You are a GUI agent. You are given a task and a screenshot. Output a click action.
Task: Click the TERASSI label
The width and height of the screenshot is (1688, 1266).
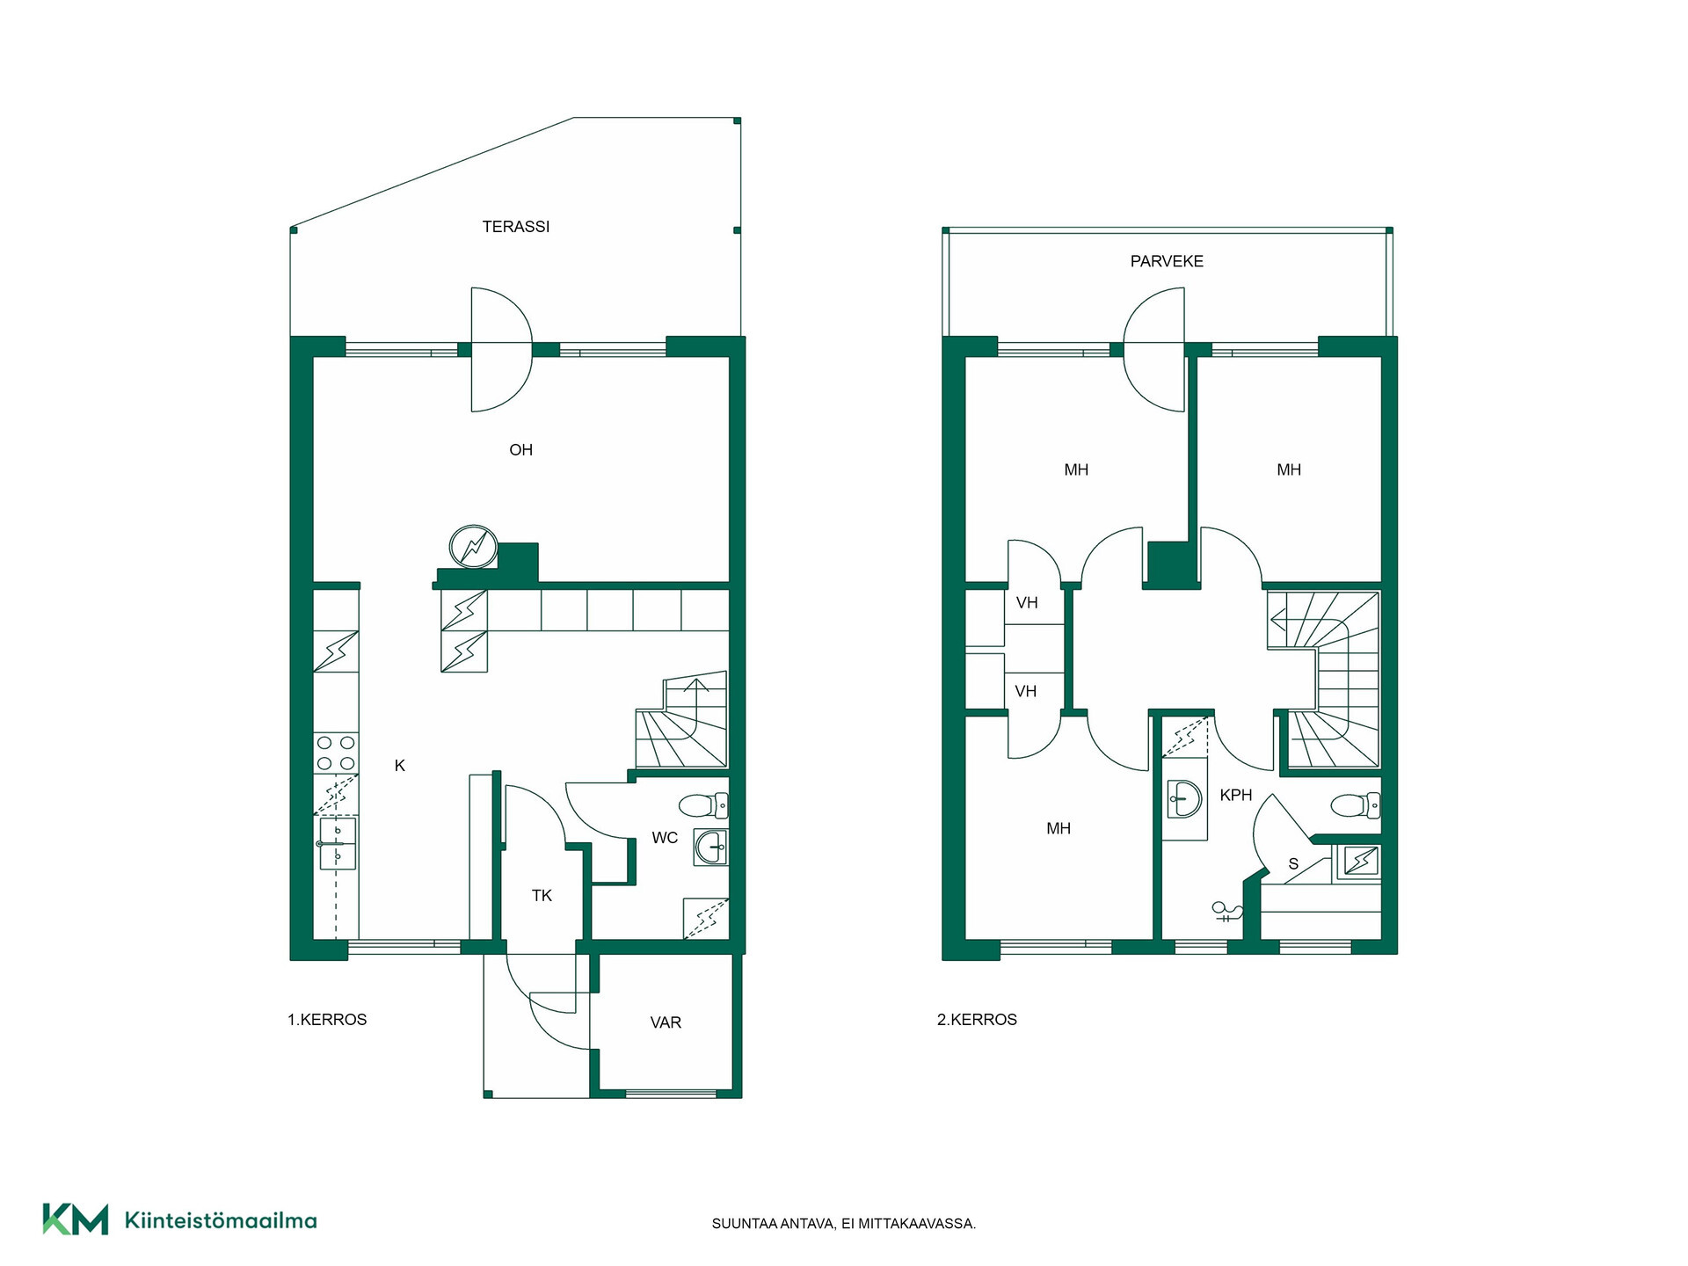pyautogui.click(x=516, y=227)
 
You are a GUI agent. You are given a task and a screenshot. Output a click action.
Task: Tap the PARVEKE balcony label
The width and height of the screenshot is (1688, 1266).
pyautogui.click(x=1167, y=261)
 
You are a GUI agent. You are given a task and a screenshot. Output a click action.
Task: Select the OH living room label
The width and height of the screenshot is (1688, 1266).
pyautogui.click(x=521, y=450)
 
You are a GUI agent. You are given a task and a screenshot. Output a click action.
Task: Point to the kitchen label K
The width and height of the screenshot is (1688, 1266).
pyautogui.click(x=400, y=766)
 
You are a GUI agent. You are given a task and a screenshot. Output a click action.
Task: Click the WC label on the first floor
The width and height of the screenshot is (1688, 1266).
pyautogui.click(x=665, y=838)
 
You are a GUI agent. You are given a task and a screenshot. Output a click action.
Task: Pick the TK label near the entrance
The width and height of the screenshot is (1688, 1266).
pyautogui.click(x=542, y=896)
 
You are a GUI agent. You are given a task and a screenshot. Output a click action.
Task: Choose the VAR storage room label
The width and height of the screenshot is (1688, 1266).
pyautogui.click(x=666, y=1022)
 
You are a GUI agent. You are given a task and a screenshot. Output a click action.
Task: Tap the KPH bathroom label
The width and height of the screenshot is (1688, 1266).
pyautogui.click(x=1236, y=796)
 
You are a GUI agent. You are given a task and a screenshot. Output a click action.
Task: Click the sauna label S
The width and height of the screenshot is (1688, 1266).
pyautogui.click(x=1293, y=864)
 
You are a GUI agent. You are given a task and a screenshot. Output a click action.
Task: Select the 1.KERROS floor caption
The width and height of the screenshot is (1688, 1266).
pyautogui.click(x=327, y=1020)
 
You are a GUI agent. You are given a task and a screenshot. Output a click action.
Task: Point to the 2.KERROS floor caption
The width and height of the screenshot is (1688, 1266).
pyautogui.click(x=977, y=1020)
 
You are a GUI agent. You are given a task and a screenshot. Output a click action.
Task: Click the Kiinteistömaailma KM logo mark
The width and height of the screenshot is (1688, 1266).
pyautogui.click(x=76, y=1219)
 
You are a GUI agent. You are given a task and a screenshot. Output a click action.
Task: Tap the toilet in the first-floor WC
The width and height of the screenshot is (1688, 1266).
pyautogui.click(x=704, y=804)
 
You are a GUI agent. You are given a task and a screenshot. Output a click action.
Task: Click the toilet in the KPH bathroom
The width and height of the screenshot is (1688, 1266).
pyautogui.click(x=1356, y=804)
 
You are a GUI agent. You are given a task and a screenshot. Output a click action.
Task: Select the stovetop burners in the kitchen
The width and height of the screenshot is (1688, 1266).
pyautogui.click(x=336, y=753)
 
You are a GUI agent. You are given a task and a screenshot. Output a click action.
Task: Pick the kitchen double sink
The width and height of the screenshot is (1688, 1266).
pyautogui.click(x=338, y=844)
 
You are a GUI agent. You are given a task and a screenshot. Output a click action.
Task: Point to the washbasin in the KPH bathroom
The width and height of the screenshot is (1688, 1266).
pyautogui.click(x=1184, y=799)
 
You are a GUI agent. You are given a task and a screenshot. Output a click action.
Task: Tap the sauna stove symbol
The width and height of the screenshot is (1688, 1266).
pyautogui.click(x=1359, y=861)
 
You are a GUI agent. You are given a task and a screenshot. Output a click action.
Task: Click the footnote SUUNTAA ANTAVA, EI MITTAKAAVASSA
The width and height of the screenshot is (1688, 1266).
pyautogui.click(x=844, y=1224)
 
